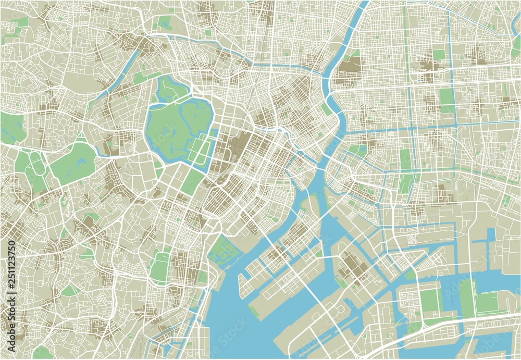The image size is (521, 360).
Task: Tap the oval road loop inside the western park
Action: (x=36, y=164)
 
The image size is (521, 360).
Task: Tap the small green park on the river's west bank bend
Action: (x=326, y=109)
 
